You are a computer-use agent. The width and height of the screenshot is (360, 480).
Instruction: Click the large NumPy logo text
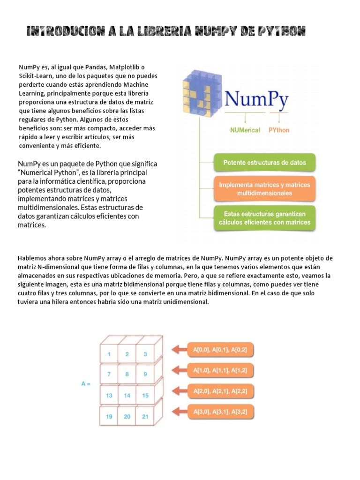pyautogui.click(x=256, y=100)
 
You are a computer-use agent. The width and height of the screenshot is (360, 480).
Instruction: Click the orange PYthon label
pyautogui.click(x=278, y=130)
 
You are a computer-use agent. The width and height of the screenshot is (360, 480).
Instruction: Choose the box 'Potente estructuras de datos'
pyautogui.click(x=264, y=163)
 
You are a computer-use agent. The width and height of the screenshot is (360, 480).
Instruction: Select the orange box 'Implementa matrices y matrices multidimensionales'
pyautogui.click(x=264, y=189)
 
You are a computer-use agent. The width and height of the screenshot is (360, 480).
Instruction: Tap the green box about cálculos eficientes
pyautogui.click(x=264, y=218)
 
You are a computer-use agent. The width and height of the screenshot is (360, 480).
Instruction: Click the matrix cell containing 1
pyautogui.click(x=109, y=354)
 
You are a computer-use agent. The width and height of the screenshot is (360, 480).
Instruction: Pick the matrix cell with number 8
pyautogui.click(x=127, y=374)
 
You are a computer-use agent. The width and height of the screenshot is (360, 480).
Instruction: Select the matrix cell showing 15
pyautogui.click(x=145, y=396)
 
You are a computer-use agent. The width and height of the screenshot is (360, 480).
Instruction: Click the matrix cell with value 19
pyautogui.click(x=109, y=416)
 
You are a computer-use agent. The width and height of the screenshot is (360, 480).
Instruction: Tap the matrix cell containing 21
pyautogui.click(x=145, y=416)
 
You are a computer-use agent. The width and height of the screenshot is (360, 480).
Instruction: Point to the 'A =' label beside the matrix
pyautogui.click(x=86, y=384)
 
